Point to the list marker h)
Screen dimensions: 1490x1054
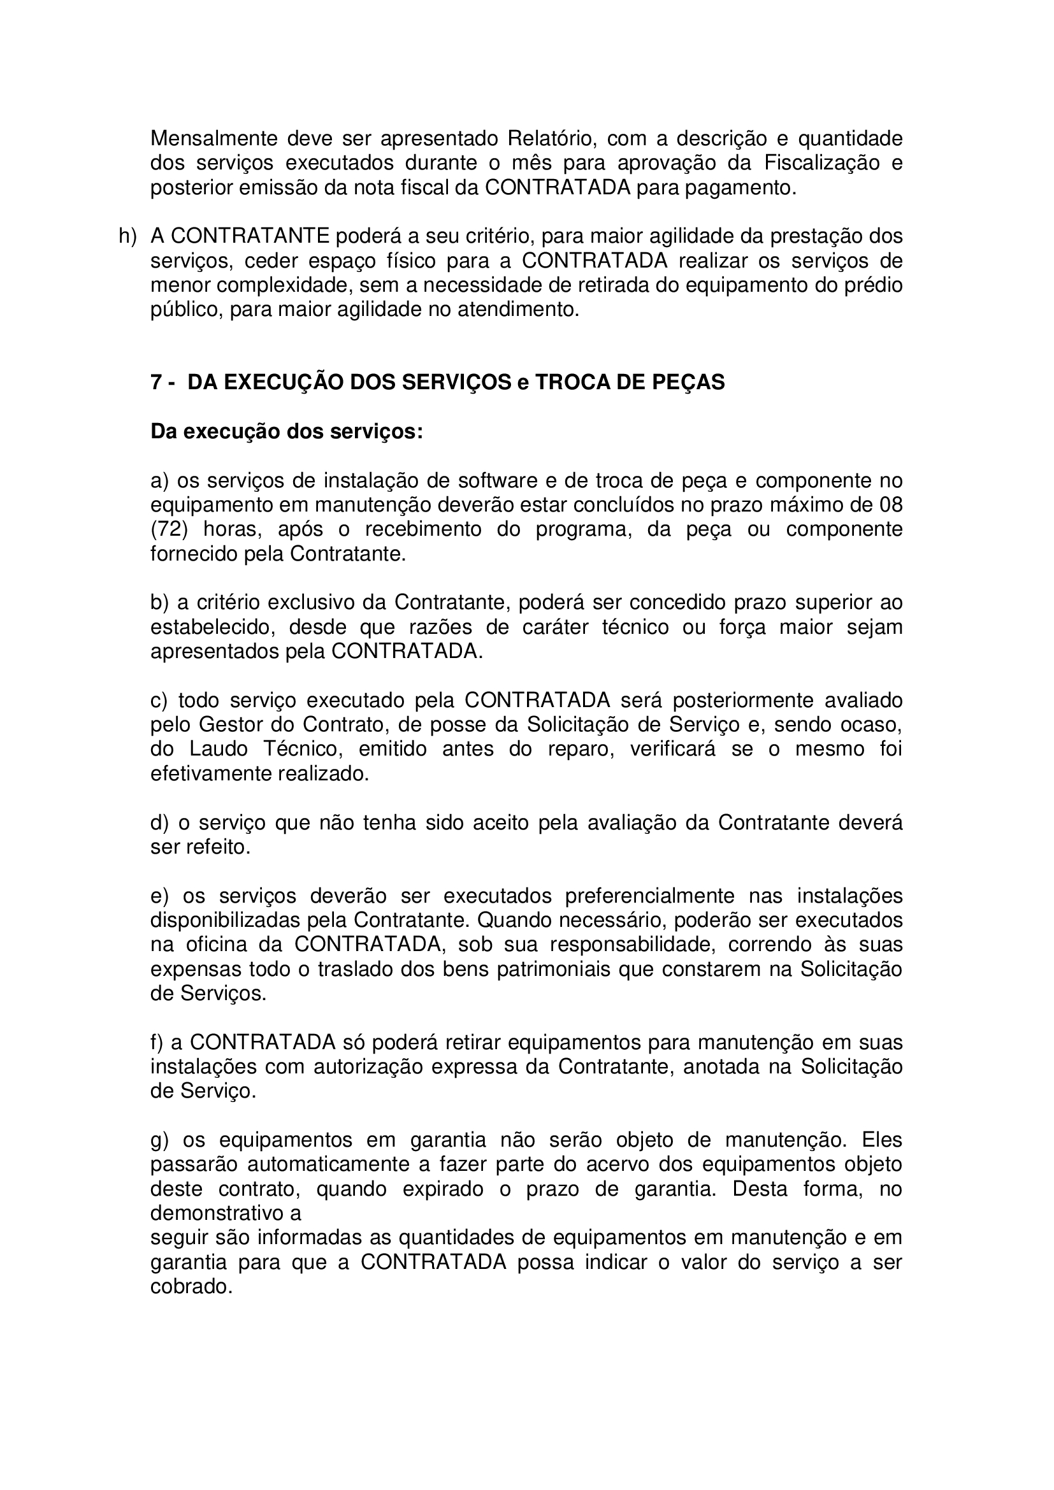pos(127,236)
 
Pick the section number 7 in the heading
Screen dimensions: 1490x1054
pos(156,383)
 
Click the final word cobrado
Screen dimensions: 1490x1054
pos(191,1287)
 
